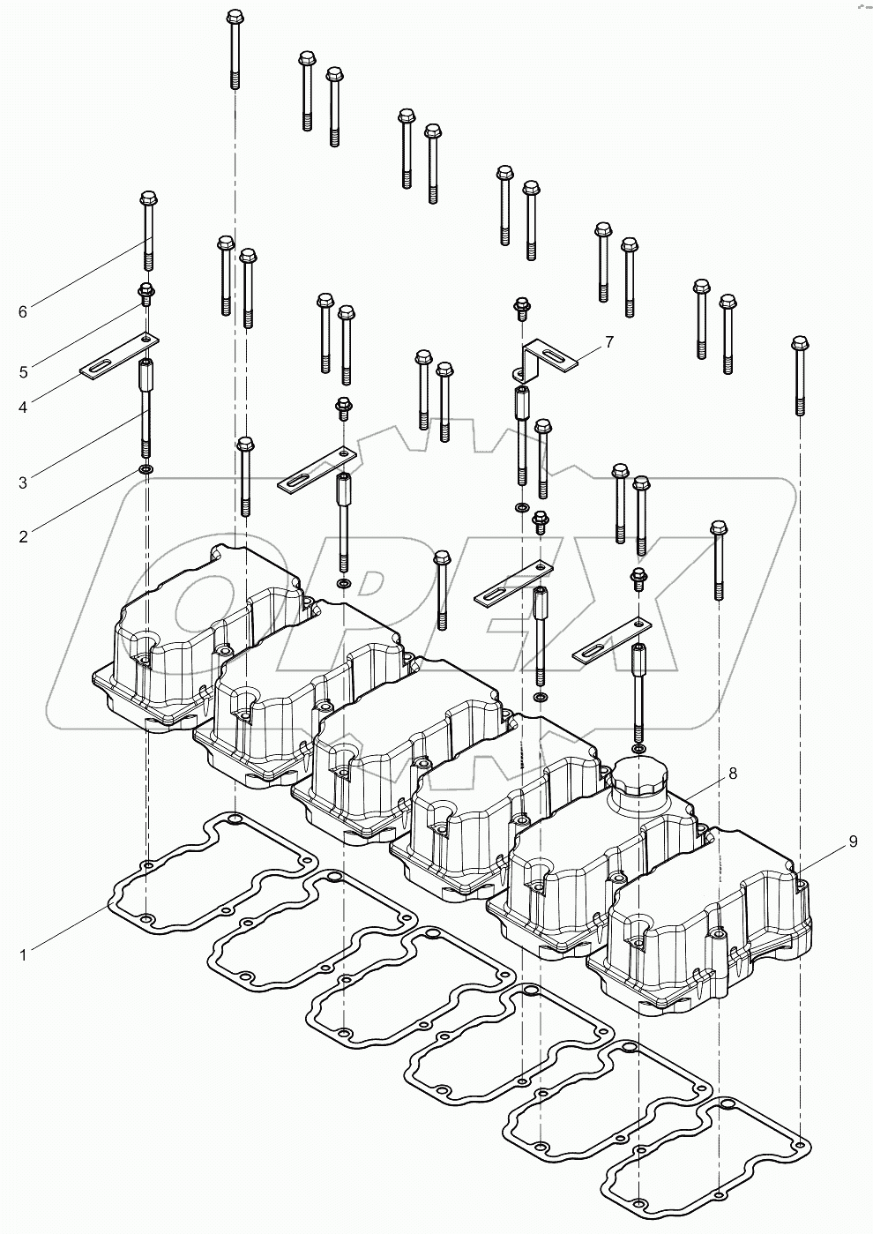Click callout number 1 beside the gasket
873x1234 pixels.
click(24, 954)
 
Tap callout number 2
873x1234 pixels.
click(24, 535)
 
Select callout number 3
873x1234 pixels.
click(24, 482)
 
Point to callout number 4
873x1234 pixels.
click(24, 408)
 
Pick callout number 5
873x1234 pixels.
click(24, 372)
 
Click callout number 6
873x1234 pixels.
click(24, 310)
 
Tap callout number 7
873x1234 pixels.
click(608, 340)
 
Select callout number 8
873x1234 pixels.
click(732, 774)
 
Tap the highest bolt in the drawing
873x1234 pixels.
click(235, 49)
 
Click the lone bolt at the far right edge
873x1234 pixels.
click(799, 374)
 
